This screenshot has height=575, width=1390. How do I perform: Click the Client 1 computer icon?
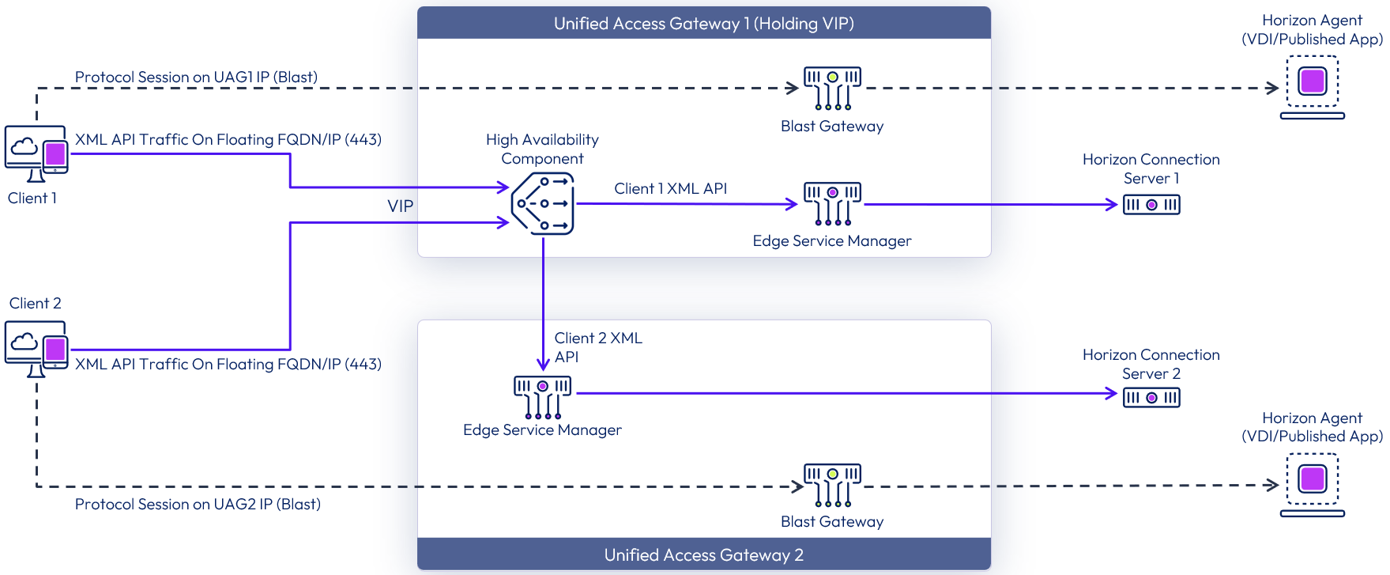(36, 153)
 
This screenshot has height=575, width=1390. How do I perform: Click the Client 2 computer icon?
(36, 348)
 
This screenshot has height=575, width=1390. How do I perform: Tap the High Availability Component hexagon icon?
(543, 204)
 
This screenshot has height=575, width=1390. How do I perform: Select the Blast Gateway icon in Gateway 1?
(832, 88)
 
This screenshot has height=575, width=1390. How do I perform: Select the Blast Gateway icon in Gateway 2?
(832, 485)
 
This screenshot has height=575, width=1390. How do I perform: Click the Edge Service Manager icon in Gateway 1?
(832, 203)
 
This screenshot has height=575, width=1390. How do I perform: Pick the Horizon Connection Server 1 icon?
(1151, 205)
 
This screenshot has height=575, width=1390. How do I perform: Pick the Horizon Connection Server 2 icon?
(1151, 397)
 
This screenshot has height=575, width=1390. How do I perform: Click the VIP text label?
(400, 206)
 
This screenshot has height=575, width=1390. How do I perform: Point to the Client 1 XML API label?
(670, 188)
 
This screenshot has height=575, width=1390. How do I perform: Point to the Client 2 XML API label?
(597, 347)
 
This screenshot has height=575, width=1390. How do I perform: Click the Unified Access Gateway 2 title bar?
(703, 554)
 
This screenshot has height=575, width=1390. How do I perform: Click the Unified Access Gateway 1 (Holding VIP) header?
(703, 23)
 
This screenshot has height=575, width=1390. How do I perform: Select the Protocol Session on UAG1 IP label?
(196, 77)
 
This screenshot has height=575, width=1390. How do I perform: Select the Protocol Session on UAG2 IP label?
(198, 504)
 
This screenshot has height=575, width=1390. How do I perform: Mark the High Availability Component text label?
(542, 149)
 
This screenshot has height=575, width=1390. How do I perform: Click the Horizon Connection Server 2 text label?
(1151, 364)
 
